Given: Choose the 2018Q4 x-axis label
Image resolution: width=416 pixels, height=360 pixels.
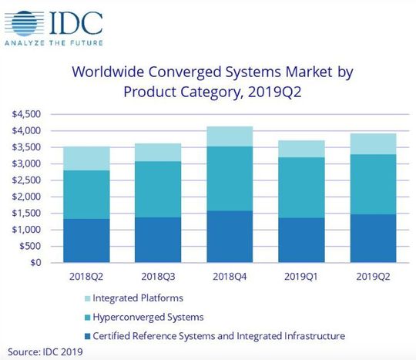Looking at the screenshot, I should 230,275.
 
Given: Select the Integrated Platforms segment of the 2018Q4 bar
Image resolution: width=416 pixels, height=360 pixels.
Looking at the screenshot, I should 230,136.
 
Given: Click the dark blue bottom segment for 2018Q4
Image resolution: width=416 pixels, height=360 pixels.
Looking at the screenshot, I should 230,237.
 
